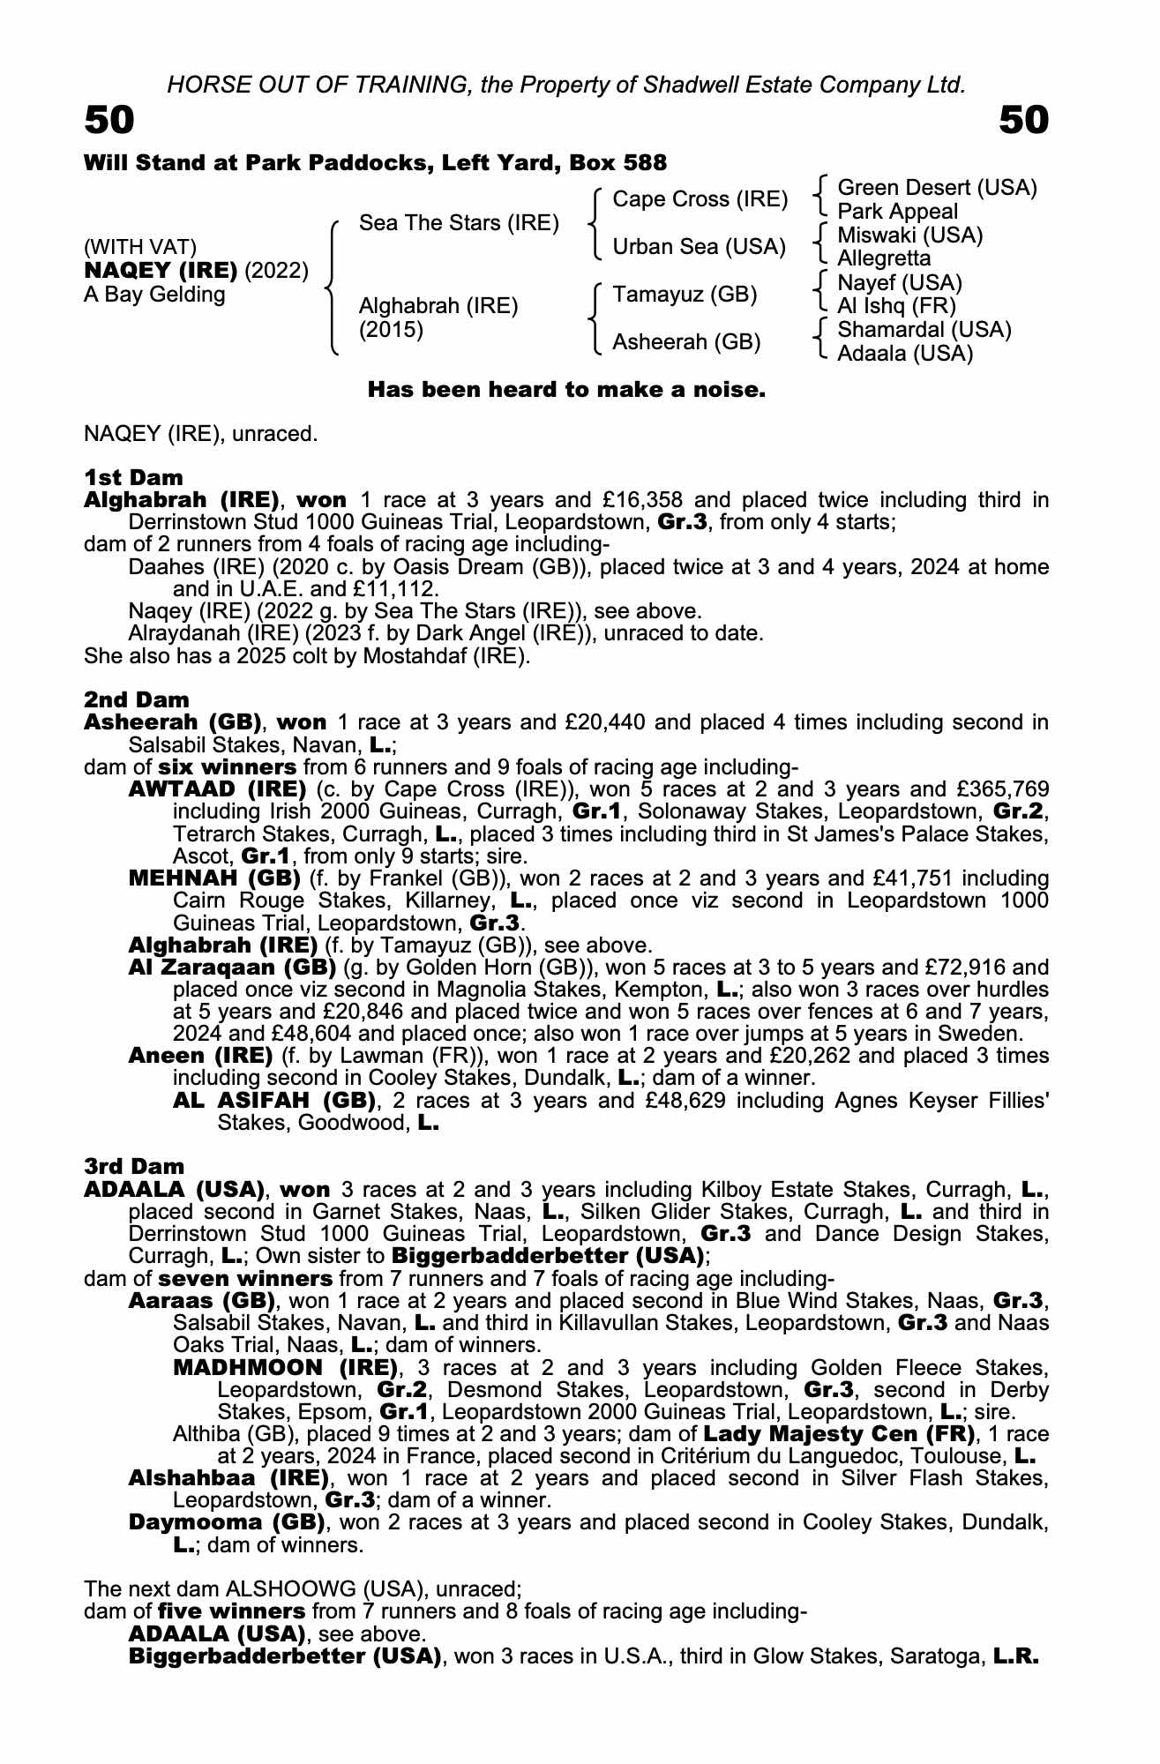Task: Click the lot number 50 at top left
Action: [109, 121]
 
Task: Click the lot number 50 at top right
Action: [1023, 121]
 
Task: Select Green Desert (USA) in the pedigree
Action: [937, 188]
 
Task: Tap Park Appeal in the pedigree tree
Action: [897, 212]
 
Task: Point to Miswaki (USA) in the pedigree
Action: [909, 235]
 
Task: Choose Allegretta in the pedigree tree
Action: [884, 258]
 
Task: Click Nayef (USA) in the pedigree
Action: [900, 282]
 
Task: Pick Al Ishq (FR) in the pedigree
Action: [896, 306]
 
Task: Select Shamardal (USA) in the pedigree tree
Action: [924, 330]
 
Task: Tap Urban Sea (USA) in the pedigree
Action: [699, 247]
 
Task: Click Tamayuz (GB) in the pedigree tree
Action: [685, 295]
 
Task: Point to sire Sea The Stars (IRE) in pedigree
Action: [459, 223]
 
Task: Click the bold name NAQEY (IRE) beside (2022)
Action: [161, 270]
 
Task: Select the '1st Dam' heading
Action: [133, 477]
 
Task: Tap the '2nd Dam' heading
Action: [136, 699]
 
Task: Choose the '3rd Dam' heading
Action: [134, 1167]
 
